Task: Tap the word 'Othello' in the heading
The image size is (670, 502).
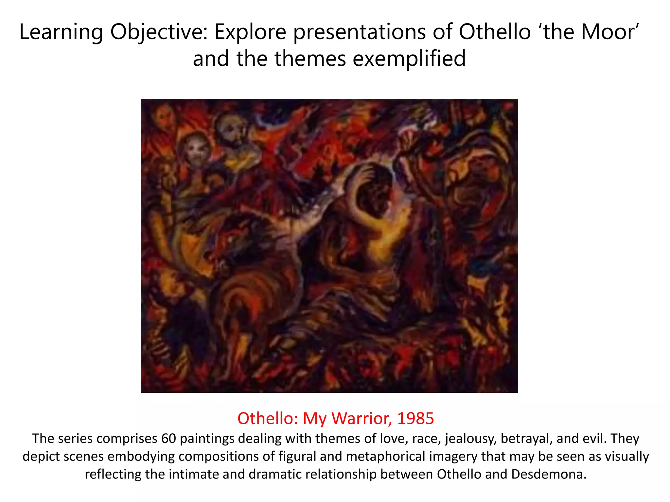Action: pyautogui.click(x=495, y=32)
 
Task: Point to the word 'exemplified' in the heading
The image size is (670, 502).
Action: pyautogui.click(x=409, y=59)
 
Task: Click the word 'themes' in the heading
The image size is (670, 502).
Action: pyautogui.click(x=310, y=59)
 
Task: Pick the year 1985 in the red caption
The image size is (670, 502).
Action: pyautogui.click(x=415, y=418)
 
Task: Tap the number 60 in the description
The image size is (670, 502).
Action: pyautogui.click(x=168, y=438)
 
